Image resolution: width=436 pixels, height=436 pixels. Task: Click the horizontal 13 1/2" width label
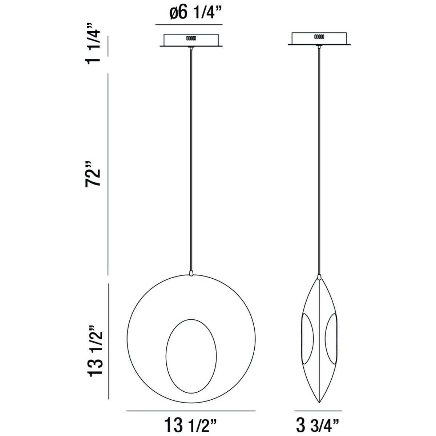191,423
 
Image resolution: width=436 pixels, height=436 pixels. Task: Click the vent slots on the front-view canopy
191,38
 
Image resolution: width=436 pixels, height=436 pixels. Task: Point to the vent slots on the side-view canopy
319,37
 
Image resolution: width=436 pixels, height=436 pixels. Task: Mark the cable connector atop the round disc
191,272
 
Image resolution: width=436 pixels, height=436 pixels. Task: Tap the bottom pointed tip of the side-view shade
319,401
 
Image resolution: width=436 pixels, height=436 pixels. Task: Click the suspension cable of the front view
191,160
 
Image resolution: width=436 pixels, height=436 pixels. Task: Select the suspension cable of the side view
319,160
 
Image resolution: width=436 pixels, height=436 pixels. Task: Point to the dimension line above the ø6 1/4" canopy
189,25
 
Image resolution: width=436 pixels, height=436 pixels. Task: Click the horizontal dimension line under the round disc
191,411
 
